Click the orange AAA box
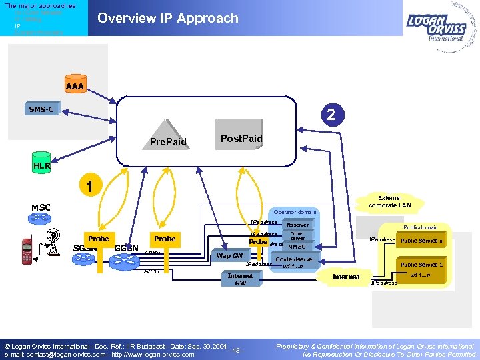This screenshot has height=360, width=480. (x=75, y=86)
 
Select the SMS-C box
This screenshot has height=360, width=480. (x=41, y=109)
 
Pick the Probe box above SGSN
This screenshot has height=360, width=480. (x=98, y=239)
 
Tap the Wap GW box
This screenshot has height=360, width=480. (x=229, y=255)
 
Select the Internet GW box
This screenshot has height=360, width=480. (x=240, y=279)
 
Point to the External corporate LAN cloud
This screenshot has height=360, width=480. (x=389, y=201)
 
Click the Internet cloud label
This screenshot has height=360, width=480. (x=346, y=276)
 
